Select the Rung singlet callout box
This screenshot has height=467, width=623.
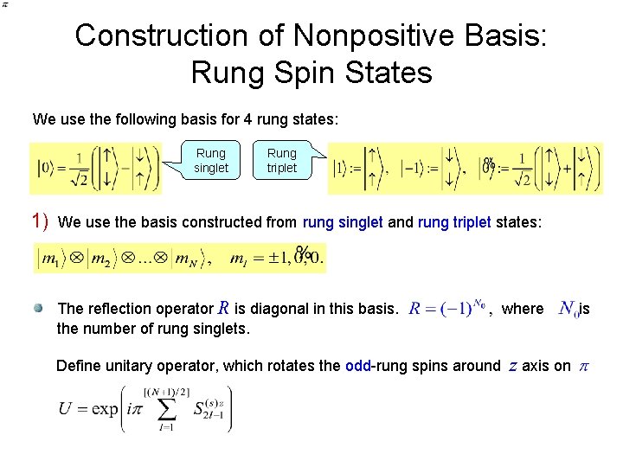coord(211,161)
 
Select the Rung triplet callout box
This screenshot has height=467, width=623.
coord(282,161)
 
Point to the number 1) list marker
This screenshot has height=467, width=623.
coord(39,221)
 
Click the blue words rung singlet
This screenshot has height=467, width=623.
coord(343,222)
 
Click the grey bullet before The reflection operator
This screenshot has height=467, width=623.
coord(40,308)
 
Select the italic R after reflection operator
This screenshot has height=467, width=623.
coord(223,307)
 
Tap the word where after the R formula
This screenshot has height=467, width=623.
coord(523,309)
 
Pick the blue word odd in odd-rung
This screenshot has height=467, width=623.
coord(358,366)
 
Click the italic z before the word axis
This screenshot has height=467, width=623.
coord(512,366)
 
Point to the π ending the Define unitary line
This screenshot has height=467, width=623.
coord(583,366)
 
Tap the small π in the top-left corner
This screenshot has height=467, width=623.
coord(4,4)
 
